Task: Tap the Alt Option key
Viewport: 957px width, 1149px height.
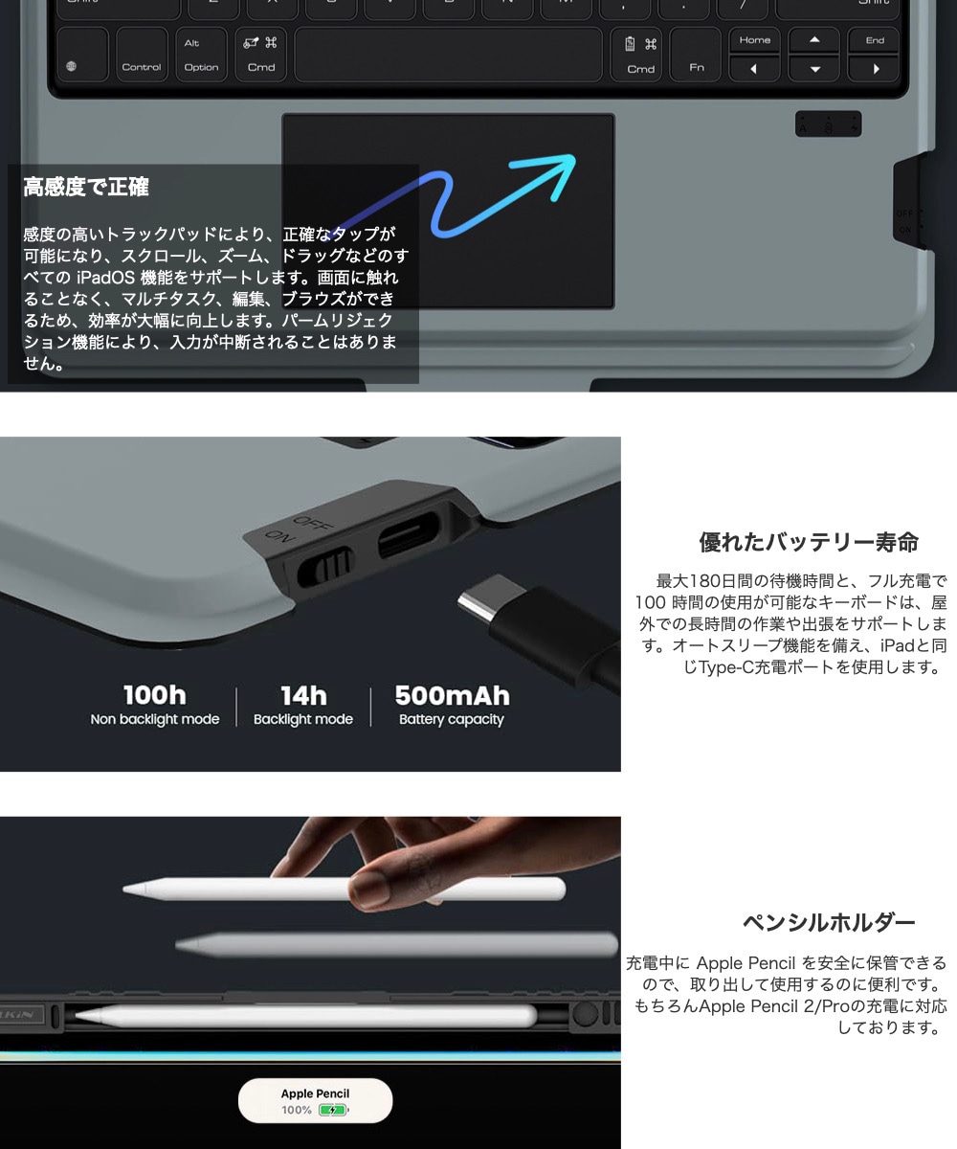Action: [201, 55]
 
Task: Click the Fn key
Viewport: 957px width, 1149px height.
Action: [696, 55]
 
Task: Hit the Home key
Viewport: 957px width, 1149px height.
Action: [755, 40]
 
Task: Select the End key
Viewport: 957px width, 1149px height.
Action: [875, 40]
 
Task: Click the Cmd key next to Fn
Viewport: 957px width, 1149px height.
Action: [640, 55]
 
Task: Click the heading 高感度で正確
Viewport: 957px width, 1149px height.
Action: [86, 188]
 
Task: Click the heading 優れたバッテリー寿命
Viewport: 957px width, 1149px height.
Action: [809, 543]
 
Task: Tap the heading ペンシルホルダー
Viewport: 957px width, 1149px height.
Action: [829, 923]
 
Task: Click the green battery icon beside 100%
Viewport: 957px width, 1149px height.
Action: [332, 1111]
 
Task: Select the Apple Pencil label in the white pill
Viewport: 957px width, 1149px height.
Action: [315, 1093]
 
